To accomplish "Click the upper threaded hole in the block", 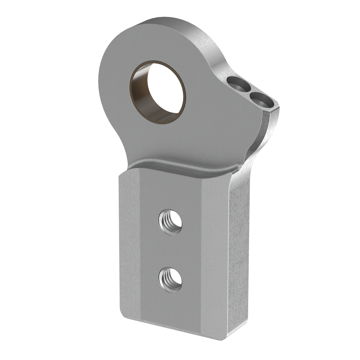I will tap(170, 222).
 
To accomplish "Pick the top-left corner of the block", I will tap(119, 175).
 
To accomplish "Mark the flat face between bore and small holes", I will tap(210, 99).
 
